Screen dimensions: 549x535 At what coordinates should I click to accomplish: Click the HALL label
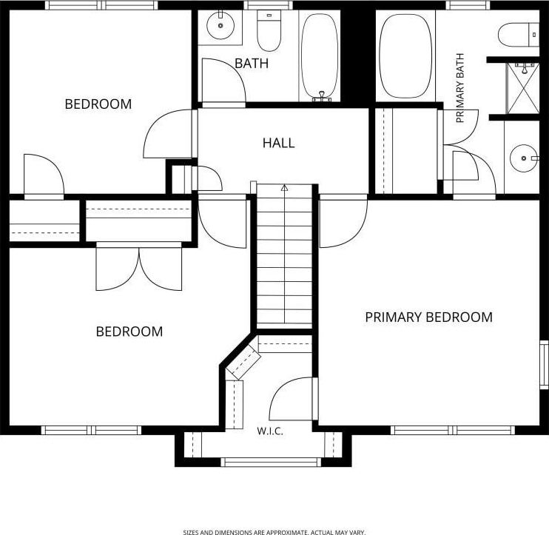pyautogui.click(x=278, y=143)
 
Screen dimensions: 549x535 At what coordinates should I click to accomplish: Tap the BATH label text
pyautogui.click(x=252, y=64)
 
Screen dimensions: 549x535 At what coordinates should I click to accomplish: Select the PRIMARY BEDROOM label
pyautogui.click(x=428, y=317)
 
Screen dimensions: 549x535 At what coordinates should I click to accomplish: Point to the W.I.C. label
pyautogui.click(x=270, y=431)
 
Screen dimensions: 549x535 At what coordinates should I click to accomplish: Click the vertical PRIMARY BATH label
pyautogui.click(x=460, y=88)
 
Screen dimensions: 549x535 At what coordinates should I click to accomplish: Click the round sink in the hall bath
pyautogui.click(x=220, y=25)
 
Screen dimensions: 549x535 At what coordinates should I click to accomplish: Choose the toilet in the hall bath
pyautogui.click(x=269, y=30)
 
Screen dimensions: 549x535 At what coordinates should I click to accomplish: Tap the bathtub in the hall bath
pyautogui.click(x=320, y=56)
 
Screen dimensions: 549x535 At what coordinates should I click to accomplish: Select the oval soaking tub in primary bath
pyautogui.click(x=405, y=56)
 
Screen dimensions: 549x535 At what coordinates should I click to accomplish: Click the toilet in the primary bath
pyautogui.click(x=519, y=35)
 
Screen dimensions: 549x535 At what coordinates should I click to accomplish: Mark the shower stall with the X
pyautogui.click(x=523, y=88)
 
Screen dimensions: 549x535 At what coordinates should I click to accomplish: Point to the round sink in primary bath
pyautogui.click(x=523, y=158)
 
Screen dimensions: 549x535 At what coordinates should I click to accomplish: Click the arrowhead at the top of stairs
pyautogui.click(x=284, y=188)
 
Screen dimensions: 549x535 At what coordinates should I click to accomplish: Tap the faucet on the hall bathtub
pyautogui.click(x=322, y=97)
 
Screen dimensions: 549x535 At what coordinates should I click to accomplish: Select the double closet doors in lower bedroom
pyautogui.click(x=139, y=269)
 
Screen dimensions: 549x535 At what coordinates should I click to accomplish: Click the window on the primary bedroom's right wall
pyautogui.click(x=544, y=364)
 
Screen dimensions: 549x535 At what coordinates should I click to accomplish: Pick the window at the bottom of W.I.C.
pyautogui.click(x=271, y=462)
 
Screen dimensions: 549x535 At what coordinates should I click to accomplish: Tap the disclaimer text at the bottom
pyautogui.click(x=274, y=532)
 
